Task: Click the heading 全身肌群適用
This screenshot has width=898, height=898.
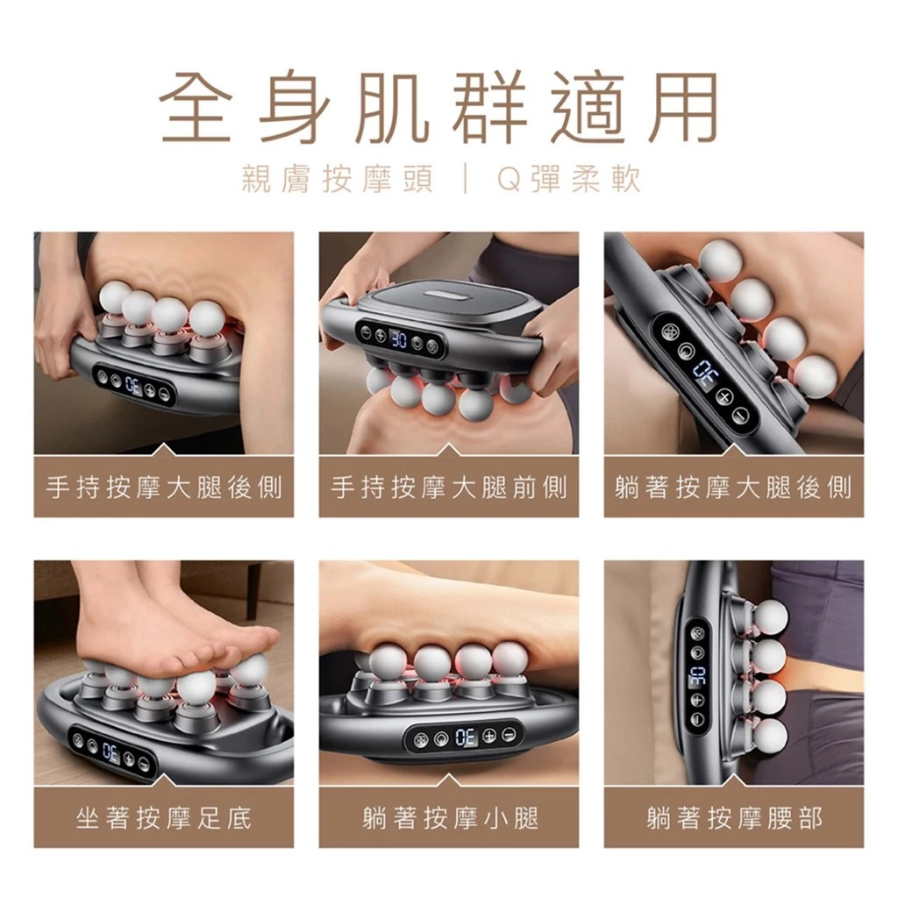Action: pos(438,107)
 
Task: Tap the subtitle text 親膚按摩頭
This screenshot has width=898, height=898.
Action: pos(337,179)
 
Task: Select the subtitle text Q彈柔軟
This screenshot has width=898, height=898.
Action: pos(568,179)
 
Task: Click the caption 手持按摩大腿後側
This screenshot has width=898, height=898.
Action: pos(164,488)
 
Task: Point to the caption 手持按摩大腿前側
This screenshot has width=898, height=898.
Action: pos(449,488)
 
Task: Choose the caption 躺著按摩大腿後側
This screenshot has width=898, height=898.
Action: pos(734,488)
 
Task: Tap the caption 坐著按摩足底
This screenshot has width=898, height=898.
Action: pos(164,817)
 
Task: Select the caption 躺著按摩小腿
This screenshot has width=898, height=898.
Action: pos(450,817)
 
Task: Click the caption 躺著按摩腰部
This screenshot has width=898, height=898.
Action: pos(735,817)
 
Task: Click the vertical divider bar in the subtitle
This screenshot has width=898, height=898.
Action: pos(465,179)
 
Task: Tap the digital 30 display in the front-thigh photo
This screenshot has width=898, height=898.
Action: pos(399,339)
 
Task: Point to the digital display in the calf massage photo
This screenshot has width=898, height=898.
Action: pos(465,738)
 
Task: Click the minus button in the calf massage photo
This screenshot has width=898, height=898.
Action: pos(509,735)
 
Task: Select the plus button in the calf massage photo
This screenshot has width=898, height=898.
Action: pos(489,736)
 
